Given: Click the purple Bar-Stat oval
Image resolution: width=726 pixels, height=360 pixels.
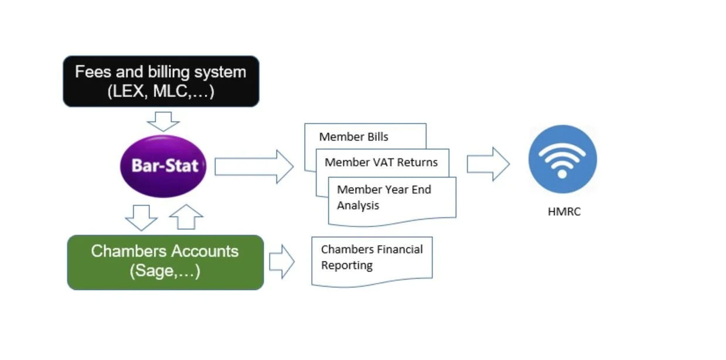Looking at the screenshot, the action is pos(163,167).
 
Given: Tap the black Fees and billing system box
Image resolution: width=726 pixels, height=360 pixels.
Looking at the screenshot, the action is pos(161,81).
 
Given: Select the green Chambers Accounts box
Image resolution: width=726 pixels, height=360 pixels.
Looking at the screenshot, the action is pos(165,263).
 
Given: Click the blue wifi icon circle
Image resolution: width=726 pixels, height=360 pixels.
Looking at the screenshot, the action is pos(563,159).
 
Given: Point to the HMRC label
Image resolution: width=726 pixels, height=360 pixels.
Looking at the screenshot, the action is pos(564,212).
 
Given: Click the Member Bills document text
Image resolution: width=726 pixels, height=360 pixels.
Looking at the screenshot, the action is pos(353,137).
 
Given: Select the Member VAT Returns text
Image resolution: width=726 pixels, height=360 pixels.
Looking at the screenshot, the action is pos(381,162).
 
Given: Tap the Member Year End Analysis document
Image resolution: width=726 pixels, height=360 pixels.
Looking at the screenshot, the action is pos(392,201).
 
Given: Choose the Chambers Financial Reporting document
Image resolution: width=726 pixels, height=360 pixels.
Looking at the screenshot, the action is pos(371,261).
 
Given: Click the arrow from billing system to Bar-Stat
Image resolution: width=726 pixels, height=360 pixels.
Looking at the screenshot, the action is pos(163,121).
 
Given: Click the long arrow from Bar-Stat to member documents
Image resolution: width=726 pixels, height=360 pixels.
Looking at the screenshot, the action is pos(254,167).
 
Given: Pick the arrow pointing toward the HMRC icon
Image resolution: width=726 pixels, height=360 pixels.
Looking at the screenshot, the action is pos(488,164).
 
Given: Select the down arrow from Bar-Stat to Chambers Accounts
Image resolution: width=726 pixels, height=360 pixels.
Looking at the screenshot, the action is pos(141,218).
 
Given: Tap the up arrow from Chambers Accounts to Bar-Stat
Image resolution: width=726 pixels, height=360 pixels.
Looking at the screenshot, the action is pos(186,217).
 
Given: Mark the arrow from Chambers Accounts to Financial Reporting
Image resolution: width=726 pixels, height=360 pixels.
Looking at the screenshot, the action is pos(282,261).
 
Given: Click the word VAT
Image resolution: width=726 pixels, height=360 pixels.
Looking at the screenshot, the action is pos(383,162).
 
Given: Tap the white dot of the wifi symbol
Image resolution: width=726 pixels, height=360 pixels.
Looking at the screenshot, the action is pos(563,174).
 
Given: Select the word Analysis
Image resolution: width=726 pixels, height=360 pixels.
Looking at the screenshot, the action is pos(358,206).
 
